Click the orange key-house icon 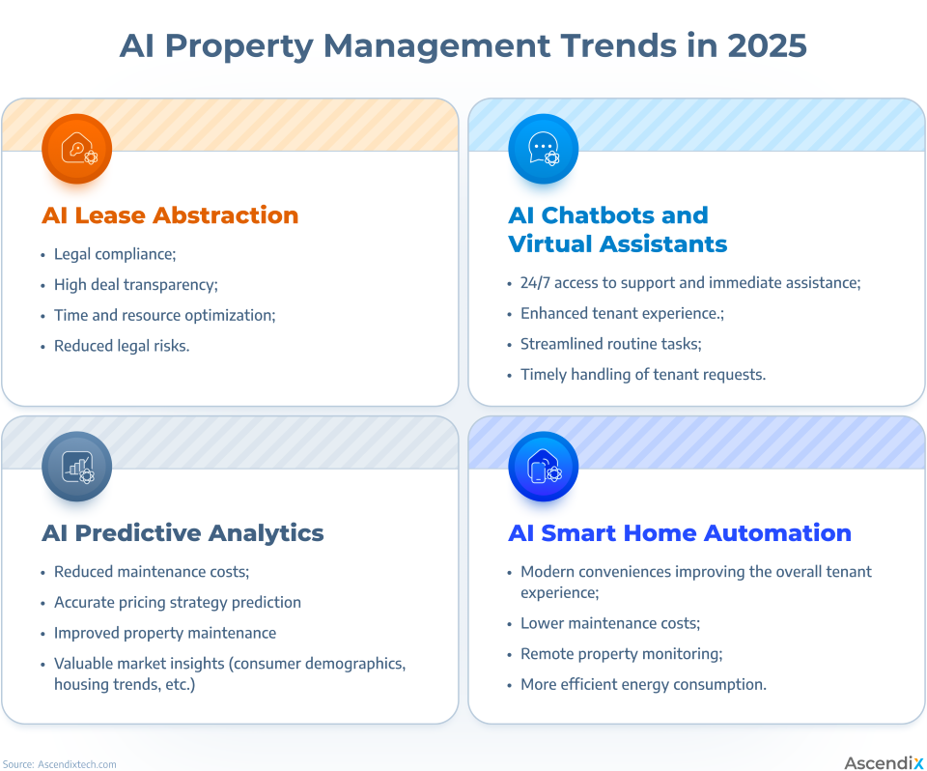click(77, 149)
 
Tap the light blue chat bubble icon click(544, 149)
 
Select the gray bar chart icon click(77, 467)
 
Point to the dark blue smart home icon click(544, 467)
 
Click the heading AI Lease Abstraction click(170, 215)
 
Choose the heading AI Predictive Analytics click(183, 533)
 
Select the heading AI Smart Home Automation click(680, 533)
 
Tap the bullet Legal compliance click(115, 254)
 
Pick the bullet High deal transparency click(136, 285)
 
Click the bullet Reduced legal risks click(122, 346)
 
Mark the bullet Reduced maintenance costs click(152, 572)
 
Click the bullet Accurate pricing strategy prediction click(178, 602)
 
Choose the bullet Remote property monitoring click(621, 654)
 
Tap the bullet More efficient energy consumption click(643, 685)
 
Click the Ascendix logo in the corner click(883, 763)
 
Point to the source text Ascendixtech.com click(77, 764)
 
